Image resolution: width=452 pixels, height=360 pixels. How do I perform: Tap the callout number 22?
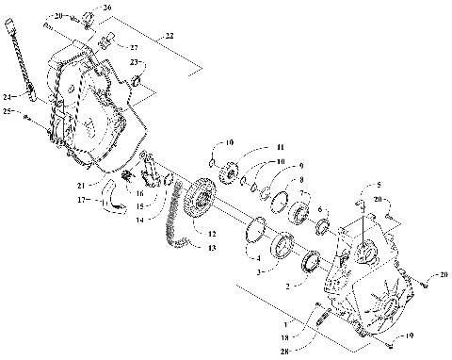point(169,35)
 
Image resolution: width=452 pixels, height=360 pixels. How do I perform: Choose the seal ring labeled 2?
point(311,260)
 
